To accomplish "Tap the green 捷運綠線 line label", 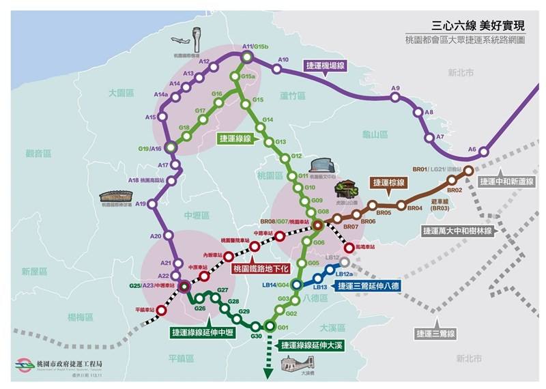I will [235, 138].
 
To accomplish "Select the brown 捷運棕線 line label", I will [388, 182].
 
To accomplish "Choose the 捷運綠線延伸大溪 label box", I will [312, 346].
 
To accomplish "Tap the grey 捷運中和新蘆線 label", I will [506, 182].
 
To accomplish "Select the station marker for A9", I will [395, 98].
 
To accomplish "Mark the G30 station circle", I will [256, 326].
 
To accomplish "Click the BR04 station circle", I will [401, 206].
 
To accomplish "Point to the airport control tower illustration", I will [197, 37].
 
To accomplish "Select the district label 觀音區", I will [39, 154].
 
